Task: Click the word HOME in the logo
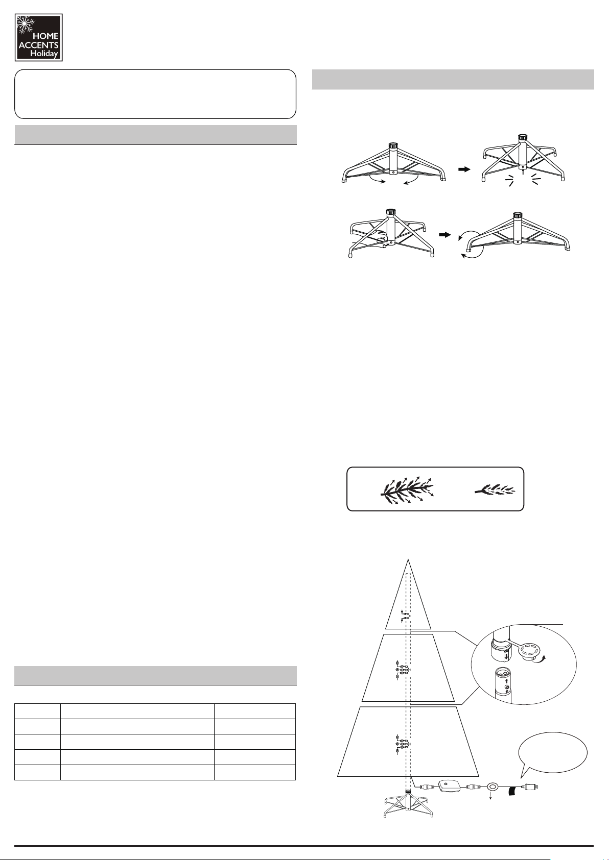point(46,36)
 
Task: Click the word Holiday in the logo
point(44,54)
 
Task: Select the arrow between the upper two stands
point(464,169)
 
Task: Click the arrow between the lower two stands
point(444,235)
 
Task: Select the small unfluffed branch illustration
point(495,489)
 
